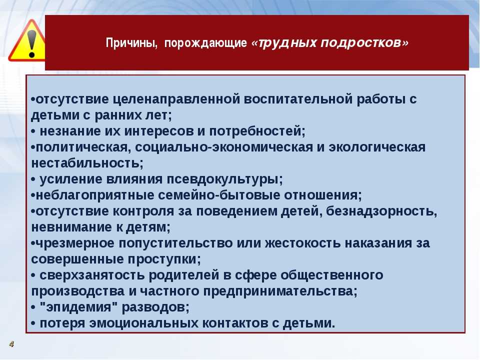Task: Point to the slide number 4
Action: click(11, 344)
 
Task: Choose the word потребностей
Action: click(257, 131)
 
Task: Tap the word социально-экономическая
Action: click(224, 147)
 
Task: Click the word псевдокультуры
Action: click(224, 179)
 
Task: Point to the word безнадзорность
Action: click(381, 211)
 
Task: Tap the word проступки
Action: click(164, 259)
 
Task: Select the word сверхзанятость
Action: click(92, 275)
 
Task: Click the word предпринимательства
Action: click(280, 291)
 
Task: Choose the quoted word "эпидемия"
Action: click(78, 306)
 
